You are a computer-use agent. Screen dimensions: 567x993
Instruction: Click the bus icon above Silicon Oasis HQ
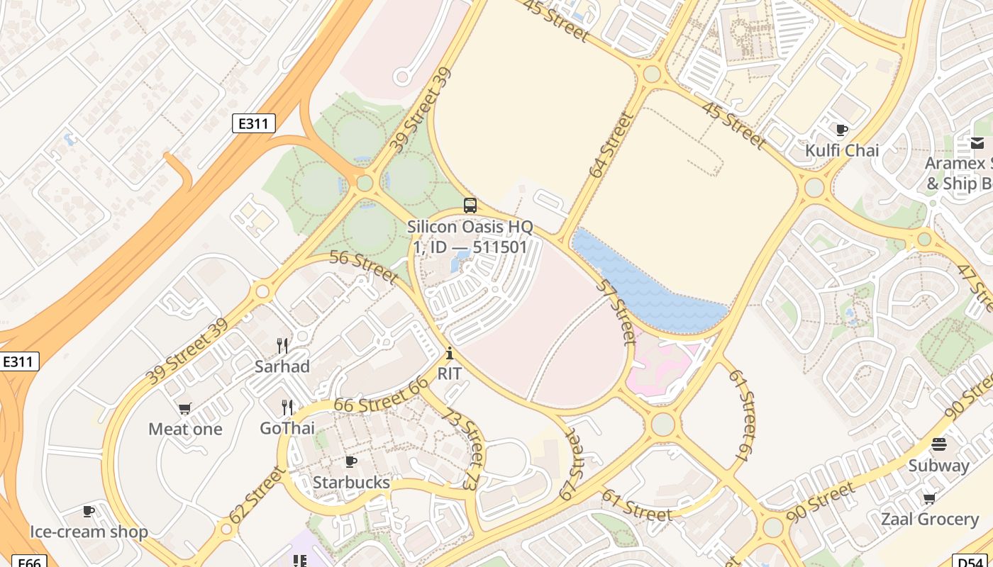tap(470, 206)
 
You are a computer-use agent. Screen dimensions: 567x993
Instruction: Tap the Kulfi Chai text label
tap(841, 150)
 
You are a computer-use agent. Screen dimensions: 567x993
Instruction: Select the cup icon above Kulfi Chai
tap(841, 130)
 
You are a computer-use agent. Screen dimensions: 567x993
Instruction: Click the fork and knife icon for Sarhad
tap(282, 346)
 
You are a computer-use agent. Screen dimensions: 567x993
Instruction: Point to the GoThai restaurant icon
tap(287, 408)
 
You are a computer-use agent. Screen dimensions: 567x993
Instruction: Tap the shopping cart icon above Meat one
tap(185, 408)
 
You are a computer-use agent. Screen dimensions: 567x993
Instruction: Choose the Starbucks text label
tap(351, 483)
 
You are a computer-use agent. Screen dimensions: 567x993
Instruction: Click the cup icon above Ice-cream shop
tap(89, 511)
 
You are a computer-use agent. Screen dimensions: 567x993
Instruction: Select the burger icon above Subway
tap(938, 444)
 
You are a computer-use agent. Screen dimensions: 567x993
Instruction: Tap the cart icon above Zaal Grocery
tap(929, 498)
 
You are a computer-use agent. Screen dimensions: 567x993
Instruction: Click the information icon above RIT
tap(449, 353)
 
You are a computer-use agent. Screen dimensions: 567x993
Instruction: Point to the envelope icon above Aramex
tap(977, 143)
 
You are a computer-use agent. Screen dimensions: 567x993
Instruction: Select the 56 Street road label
tap(363, 266)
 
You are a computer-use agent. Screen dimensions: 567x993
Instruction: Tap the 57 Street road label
tap(615, 311)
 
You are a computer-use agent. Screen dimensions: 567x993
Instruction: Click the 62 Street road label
tap(257, 495)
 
